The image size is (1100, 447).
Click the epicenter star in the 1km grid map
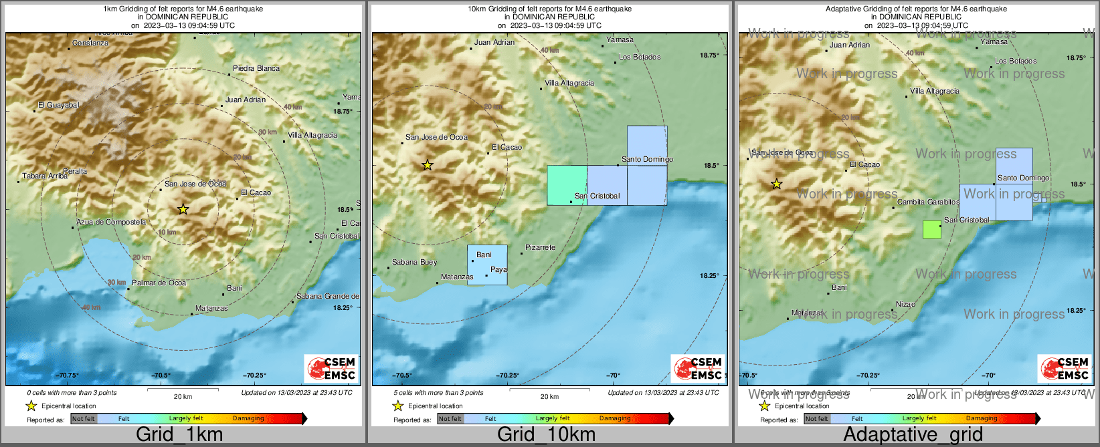(183, 209)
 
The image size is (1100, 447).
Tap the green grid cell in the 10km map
(567, 185)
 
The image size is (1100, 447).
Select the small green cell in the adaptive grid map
(931, 229)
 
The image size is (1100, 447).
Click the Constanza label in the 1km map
(90, 43)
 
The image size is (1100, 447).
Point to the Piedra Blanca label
(256, 68)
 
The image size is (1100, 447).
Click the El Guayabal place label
(58, 105)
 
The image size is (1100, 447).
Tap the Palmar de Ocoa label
(159, 283)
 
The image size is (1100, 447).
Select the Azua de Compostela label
(111, 222)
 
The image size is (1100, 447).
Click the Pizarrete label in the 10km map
(540, 247)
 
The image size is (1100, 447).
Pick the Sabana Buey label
(414, 262)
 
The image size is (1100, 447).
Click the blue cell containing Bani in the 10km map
(487, 265)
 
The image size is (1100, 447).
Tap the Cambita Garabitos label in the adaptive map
(928, 202)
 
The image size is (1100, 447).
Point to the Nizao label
(905, 304)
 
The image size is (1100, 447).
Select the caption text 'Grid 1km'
(179, 434)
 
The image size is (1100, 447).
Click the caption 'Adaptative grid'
(913, 434)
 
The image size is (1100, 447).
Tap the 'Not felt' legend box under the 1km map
(84, 419)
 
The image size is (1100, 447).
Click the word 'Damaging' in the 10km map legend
(615, 418)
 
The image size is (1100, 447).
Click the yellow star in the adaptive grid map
(776, 184)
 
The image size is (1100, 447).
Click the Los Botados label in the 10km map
(639, 57)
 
